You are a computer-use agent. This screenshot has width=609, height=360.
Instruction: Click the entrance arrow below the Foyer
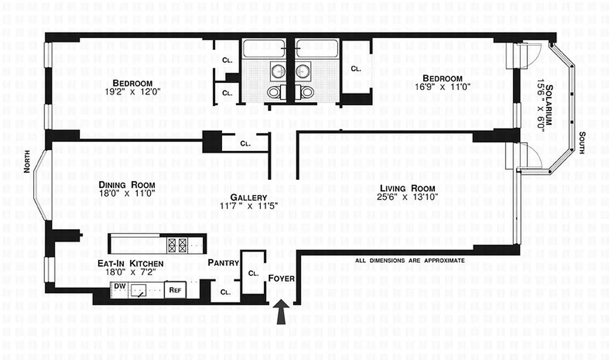tap(282, 312)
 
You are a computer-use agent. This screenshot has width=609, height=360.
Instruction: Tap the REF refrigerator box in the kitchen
tap(175, 290)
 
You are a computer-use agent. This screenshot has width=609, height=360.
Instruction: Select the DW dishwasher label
tap(119, 286)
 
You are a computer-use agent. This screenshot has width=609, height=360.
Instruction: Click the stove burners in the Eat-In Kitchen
tap(177, 245)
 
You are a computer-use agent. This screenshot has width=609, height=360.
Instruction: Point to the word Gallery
tap(249, 198)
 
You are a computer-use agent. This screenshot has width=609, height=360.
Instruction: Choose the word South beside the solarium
tap(582, 143)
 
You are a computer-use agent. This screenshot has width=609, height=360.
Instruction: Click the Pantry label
tap(223, 262)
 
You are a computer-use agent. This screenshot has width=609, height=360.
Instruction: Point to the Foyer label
tap(281, 279)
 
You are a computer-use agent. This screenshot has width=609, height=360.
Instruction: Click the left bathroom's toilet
tap(275, 92)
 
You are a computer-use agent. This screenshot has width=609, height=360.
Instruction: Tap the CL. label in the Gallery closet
tap(245, 144)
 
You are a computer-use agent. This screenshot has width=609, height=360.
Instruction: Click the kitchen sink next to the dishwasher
tap(140, 292)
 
